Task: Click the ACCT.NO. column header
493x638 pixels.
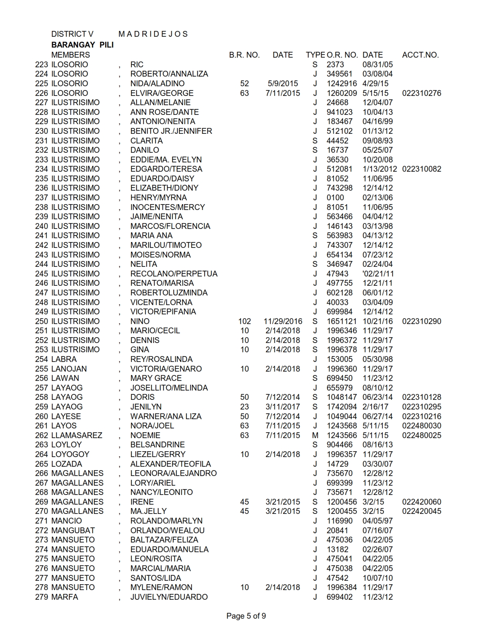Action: [420, 55]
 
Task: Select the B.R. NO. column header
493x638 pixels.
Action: [244, 55]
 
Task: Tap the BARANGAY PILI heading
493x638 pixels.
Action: [82, 45]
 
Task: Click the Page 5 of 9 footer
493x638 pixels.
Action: [246, 616]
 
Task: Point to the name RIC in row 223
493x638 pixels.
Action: [137, 65]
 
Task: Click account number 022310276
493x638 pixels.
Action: [421, 93]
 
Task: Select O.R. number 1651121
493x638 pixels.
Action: [341, 321]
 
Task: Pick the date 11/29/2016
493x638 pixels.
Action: [283, 321]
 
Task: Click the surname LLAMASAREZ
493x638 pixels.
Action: [77, 435]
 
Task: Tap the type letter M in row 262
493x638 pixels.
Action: [315, 435]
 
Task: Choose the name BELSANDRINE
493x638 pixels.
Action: [157, 445]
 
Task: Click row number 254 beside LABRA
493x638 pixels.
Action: [41, 359]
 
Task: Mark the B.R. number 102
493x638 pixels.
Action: [244, 321]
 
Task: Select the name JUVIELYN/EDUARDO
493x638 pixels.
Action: [169, 597]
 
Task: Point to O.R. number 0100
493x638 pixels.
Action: [335, 198]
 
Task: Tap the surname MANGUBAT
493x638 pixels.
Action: [73, 531]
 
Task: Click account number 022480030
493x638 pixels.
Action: [421, 426]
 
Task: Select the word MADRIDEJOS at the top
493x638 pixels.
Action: [153, 34]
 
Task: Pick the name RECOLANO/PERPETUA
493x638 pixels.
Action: [174, 274]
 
